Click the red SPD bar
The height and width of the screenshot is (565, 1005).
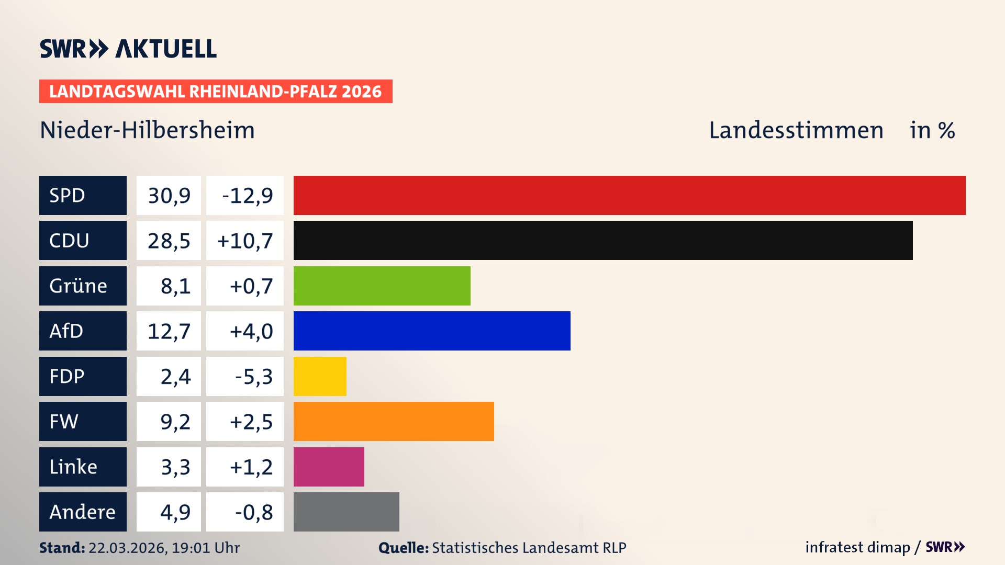(629, 195)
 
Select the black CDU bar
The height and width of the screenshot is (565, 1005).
(603, 240)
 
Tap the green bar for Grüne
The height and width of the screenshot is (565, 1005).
(382, 286)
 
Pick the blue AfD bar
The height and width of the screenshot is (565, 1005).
(432, 331)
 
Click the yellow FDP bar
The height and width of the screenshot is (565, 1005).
(320, 376)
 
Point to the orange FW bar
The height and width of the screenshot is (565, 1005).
(394, 421)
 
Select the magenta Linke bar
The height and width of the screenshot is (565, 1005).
(329, 467)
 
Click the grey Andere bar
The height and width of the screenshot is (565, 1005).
(346, 512)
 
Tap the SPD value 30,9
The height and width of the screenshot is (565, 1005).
(169, 195)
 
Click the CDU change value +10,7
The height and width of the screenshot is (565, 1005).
(244, 241)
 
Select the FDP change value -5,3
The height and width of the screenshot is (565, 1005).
(253, 376)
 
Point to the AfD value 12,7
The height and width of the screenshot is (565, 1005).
(169, 331)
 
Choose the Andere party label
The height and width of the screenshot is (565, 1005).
(83, 512)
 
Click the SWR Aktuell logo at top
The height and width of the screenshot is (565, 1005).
(128, 49)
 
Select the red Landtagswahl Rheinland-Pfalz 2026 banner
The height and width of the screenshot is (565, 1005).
(216, 91)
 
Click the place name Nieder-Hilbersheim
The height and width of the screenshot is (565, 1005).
(147, 130)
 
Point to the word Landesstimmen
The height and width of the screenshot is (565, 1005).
(796, 130)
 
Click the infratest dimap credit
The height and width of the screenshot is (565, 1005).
(857, 547)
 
